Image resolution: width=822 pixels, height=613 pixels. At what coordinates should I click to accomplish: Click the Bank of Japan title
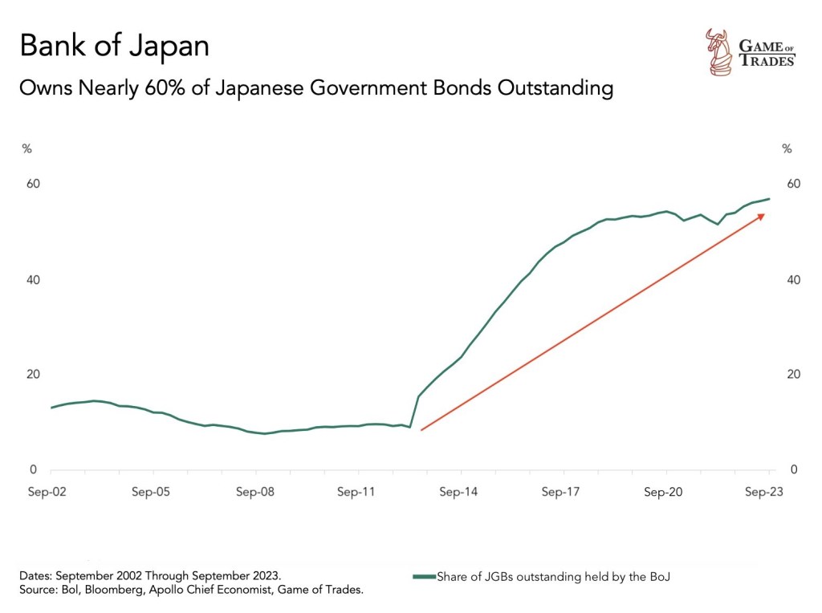[x=114, y=46]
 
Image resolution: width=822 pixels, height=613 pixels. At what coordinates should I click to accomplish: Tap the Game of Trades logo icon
[x=716, y=51]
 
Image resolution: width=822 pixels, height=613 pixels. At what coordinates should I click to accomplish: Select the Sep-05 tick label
[x=151, y=493]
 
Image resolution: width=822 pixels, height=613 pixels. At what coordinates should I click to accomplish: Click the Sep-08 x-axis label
[x=254, y=493]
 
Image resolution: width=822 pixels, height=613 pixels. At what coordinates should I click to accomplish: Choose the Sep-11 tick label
[x=356, y=493]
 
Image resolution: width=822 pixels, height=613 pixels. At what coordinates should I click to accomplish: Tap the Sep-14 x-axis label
[x=459, y=493]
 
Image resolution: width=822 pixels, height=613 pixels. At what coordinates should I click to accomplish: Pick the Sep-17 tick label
[x=561, y=493]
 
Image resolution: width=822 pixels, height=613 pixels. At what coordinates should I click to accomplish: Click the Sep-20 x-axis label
[x=664, y=493]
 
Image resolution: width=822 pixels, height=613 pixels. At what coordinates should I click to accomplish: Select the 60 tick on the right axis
[x=792, y=184]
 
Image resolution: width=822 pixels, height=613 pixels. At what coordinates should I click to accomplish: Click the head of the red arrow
[x=763, y=215]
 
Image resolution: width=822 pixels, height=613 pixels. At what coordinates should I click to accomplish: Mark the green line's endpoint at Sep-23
[x=769, y=199]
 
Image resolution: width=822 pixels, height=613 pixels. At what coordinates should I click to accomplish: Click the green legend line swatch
[x=423, y=576]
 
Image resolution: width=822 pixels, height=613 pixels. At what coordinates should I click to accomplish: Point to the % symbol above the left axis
[x=26, y=148]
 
